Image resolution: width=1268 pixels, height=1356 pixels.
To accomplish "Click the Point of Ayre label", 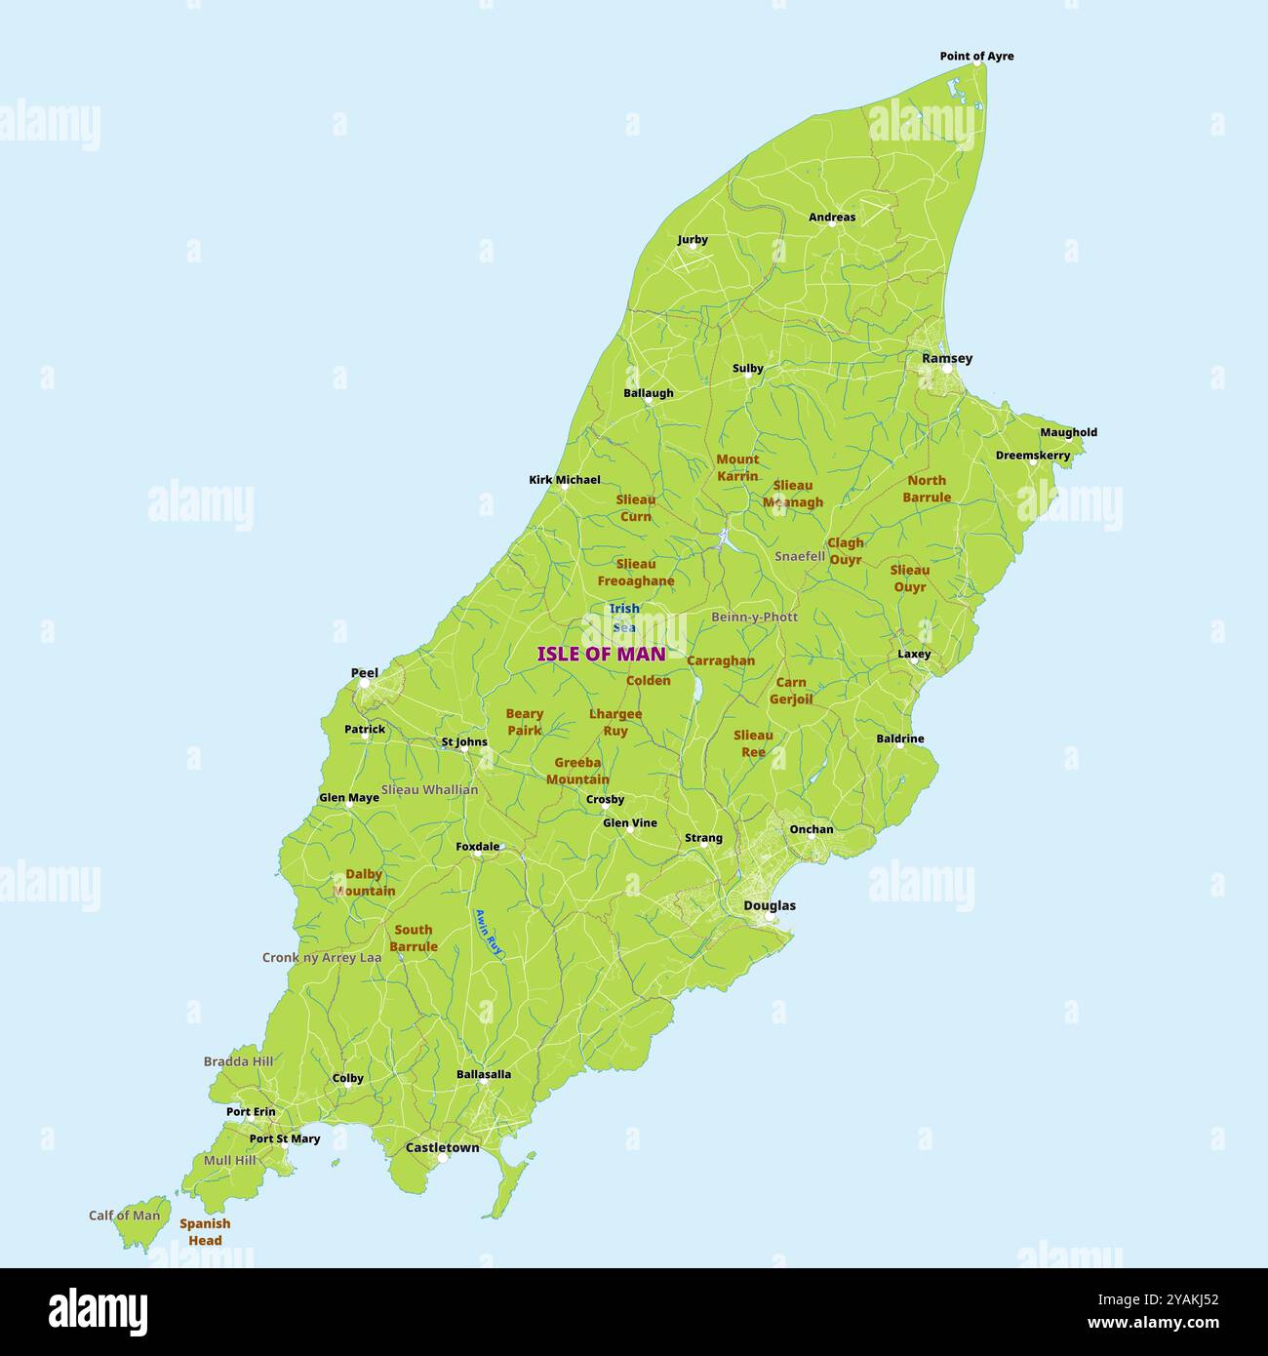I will click(x=976, y=57).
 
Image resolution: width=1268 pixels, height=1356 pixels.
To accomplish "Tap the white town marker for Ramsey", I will click(x=946, y=369).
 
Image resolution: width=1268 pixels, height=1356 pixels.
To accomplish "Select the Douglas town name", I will click(x=769, y=905).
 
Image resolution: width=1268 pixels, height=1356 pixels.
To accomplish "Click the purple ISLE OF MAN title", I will click(x=601, y=655).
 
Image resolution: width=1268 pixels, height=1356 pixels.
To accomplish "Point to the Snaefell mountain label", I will click(x=800, y=556).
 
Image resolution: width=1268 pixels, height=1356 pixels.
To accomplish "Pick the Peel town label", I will click(x=364, y=673).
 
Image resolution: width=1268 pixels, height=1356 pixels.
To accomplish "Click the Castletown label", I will click(x=442, y=1147).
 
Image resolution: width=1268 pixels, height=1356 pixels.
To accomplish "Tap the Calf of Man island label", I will click(x=124, y=1216).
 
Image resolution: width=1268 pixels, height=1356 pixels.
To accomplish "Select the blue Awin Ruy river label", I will click(x=488, y=931).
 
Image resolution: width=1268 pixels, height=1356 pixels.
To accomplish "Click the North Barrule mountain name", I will click(x=926, y=489).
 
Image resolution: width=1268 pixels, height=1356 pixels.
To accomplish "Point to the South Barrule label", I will click(x=414, y=938).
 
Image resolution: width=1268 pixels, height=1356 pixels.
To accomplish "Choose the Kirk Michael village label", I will click(x=564, y=480).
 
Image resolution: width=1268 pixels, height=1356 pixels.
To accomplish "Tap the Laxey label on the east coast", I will click(x=914, y=655).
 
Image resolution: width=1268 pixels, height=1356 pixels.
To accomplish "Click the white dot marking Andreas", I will click(x=832, y=223).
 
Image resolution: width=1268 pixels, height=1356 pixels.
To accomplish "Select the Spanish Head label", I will click(x=205, y=1232).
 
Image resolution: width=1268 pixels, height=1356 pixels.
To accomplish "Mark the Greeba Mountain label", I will click(x=577, y=771).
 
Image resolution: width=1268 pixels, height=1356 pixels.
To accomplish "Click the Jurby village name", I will click(x=693, y=240).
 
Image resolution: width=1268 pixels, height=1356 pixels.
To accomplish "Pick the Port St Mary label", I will click(x=284, y=1138).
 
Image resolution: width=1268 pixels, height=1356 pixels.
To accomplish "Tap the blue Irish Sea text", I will click(x=624, y=618).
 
